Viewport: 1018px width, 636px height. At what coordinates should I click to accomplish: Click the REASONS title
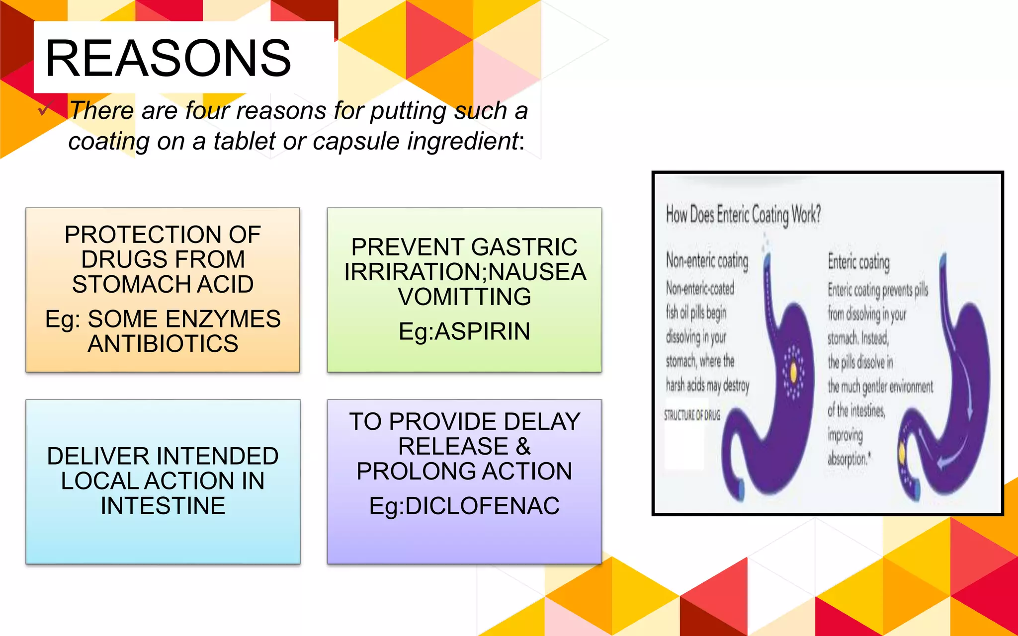(168, 59)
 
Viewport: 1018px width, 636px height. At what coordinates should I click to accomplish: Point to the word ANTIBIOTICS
(163, 344)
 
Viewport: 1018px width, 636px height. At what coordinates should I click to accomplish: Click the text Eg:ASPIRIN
(464, 331)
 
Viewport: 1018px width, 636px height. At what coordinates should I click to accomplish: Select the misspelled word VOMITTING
(464, 297)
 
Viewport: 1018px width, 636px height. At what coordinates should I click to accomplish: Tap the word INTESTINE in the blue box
(163, 506)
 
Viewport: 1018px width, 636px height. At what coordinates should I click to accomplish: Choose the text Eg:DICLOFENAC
(464, 506)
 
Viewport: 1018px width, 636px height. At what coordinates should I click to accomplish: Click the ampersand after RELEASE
(523, 446)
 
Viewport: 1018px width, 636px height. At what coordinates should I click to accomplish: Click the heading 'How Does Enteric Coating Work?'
(743, 215)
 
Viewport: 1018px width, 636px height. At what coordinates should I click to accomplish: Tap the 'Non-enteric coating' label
(707, 260)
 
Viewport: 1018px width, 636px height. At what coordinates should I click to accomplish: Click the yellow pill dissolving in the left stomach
(793, 372)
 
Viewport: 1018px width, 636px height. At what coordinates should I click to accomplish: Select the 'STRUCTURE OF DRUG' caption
(692, 415)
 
